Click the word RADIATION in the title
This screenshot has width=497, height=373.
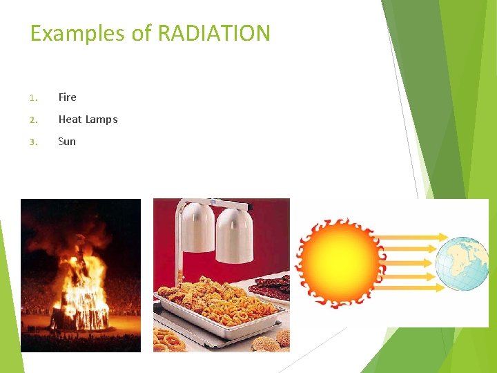click(x=214, y=33)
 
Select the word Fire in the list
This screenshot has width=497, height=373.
click(x=68, y=97)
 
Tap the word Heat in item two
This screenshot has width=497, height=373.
click(x=70, y=119)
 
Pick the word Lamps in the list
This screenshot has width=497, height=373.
click(x=101, y=119)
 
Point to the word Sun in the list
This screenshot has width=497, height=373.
click(x=67, y=142)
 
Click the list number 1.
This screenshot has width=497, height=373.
click(x=33, y=98)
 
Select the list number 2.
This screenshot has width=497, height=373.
click(x=33, y=120)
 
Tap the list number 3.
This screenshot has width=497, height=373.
click(x=33, y=142)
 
